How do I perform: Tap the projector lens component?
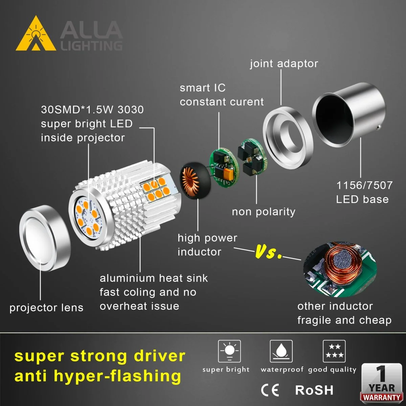click(45, 238)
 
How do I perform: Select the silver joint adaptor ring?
click(288, 138)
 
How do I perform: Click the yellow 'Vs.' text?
click(268, 252)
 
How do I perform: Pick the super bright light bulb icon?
click(229, 352)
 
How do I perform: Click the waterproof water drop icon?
click(281, 352)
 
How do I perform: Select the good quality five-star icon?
click(334, 352)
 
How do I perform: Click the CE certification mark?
click(270, 390)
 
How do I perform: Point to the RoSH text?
click(314, 390)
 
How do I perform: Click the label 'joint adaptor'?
click(284, 64)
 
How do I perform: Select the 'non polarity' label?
click(264, 212)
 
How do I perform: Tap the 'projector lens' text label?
click(46, 308)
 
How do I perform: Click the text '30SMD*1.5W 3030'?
click(92, 110)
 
